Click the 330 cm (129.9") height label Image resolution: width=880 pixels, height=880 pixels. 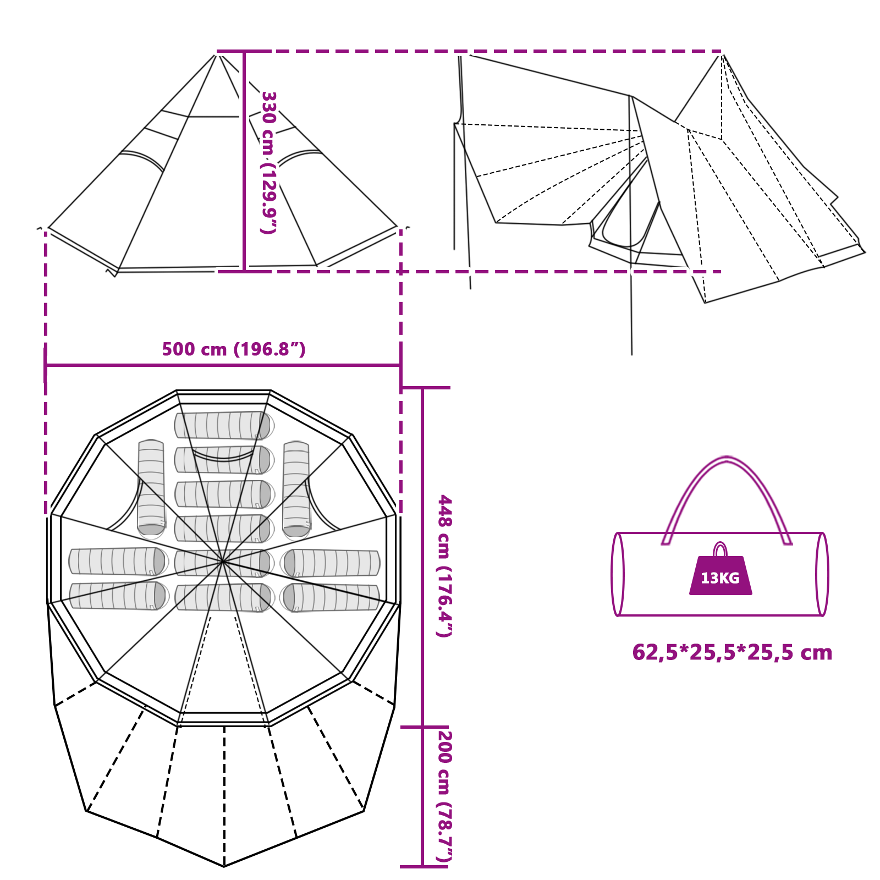coord(268,162)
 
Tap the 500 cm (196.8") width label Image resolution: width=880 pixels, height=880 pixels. coord(234,349)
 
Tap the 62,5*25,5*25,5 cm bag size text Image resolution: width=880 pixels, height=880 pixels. coord(732,652)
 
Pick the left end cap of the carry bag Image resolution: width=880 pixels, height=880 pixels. coord(618,574)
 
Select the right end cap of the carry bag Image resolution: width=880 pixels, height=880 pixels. coord(822,574)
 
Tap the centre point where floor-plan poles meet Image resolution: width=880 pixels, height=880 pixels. coord(222,562)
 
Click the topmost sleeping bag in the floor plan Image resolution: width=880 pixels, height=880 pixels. coord(223,426)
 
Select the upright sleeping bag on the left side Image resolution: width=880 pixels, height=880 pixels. coord(151,487)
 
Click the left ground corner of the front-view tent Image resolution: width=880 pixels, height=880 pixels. coord(48,228)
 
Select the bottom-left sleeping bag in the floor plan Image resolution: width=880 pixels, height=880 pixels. coord(118,596)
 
